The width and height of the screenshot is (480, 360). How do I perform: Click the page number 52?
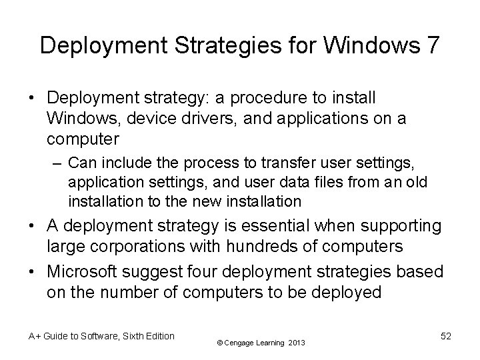tap(445, 337)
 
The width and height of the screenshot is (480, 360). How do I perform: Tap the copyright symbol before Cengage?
tap(221, 343)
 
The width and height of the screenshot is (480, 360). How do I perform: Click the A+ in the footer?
tap(33, 337)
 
